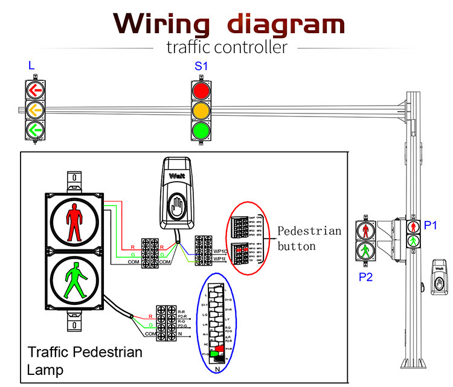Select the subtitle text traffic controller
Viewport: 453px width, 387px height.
(x=226, y=46)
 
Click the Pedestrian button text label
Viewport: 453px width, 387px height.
(x=309, y=238)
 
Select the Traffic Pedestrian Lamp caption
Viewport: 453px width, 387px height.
(x=85, y=360)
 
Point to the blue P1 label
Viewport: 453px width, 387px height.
(x=430, y=225)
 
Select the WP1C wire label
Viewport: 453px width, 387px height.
(x=219, y=251)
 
